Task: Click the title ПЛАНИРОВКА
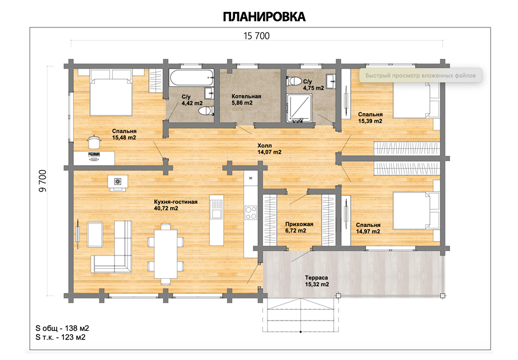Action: click(x=264, y=17)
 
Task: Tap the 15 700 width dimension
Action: click(x=256, y=35)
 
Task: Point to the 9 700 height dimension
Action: click(x=43, y=181)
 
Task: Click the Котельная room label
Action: click(x=246, y=97)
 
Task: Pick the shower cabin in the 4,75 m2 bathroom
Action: click(x=298, y=107)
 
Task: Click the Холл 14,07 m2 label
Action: click(x=269, y=149)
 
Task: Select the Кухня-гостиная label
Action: click(x=176, y=202)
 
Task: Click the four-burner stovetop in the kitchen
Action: click(x=251, y=213)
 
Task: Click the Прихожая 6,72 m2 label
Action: click(x=299, y=227)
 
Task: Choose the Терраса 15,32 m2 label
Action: click(x=317, y=281)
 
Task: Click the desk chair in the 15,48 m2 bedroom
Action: click(x=94, y=142)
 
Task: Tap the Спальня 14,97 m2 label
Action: click(x=368, y=228)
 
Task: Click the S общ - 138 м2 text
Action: click(x=62, y=329)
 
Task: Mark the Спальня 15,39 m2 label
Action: click(x=370, y=118)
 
